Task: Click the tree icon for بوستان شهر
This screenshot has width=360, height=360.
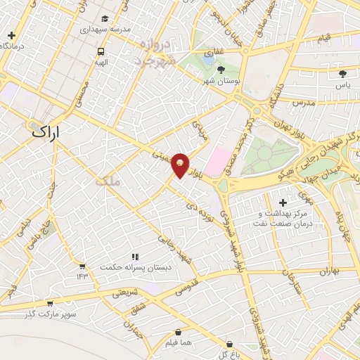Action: (x=221, y=70)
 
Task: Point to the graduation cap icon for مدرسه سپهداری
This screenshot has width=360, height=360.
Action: (x=105, y=19)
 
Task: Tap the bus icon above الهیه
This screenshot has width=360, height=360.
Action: (x=101, y=51)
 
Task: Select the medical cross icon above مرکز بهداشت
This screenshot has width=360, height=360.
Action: (x=283, y=203)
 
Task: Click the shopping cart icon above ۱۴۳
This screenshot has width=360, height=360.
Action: (x=82, y=266)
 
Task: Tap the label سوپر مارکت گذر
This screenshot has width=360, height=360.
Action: (x=50, y=313)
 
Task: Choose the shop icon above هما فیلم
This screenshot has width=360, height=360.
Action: (x=178, y=332)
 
